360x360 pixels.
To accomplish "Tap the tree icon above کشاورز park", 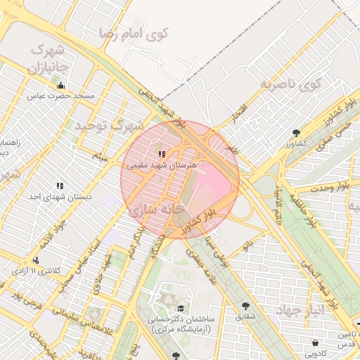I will click(x=296, y=132).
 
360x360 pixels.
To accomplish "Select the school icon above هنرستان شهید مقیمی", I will click(x=162, y=153).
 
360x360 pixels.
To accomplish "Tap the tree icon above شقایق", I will click(x=245, y=306).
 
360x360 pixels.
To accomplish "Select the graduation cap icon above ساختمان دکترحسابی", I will click(x=181, y=308).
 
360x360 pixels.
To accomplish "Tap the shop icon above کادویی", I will click(x=315, y=342).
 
